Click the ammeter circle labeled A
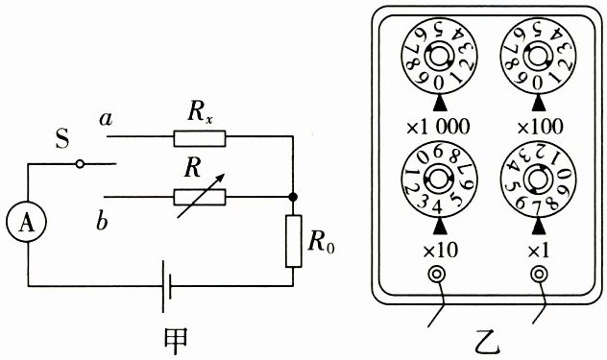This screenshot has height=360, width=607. (x=26, y=222)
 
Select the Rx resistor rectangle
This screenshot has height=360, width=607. (x=200, y=138)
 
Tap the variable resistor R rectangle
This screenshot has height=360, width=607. (x=200, y=197)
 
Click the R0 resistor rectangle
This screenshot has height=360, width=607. (x=294, y=241)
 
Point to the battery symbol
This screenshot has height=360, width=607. (x=166, y=286)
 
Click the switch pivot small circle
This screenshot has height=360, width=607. (x=80, y=164)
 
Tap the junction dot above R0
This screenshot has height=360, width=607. (x=294, y=197)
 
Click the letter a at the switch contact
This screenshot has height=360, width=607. (x=106, y=119)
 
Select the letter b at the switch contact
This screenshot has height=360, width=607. (x=102, y=222)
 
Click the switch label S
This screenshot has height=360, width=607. (x=61, y=139)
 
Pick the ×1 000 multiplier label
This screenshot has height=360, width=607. (x=438, y=127)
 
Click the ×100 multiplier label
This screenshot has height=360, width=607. (x=541, y=127)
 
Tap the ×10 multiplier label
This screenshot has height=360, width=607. (x=441, y=251)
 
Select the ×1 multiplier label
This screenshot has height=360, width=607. (x=539, y=251)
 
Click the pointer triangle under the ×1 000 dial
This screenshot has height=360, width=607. (x=440, y=104)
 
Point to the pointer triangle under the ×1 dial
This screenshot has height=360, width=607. (x=539, y=227)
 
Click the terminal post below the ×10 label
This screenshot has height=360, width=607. (x=437, y=275)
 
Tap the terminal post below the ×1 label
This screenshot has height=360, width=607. (x=539, y=275)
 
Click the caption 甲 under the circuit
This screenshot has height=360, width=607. (x=176, y=342)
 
